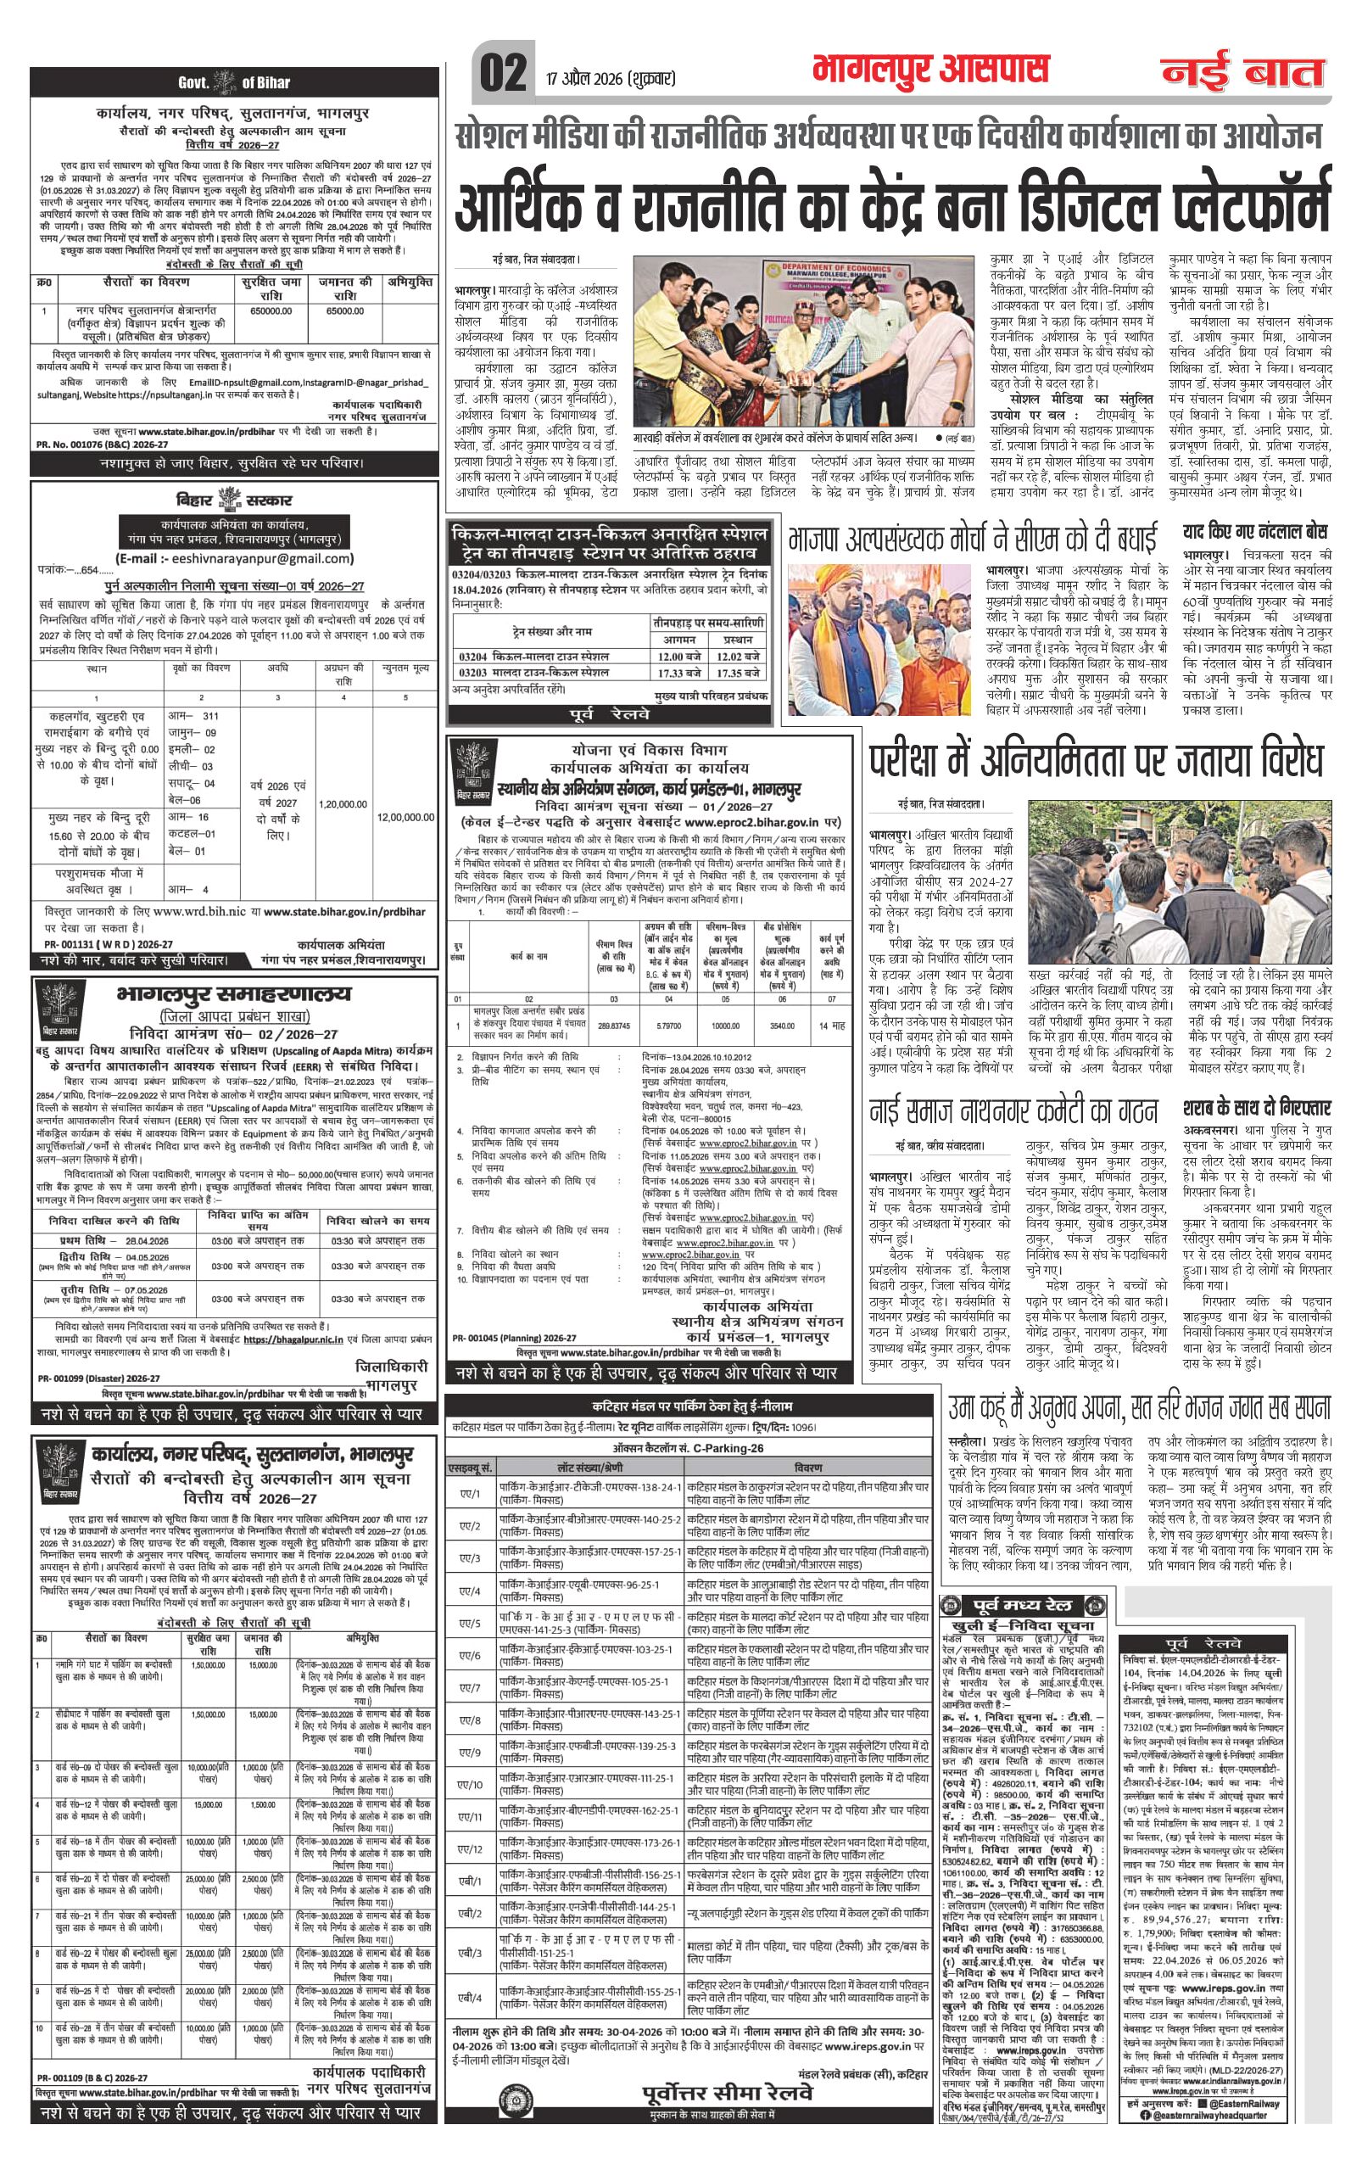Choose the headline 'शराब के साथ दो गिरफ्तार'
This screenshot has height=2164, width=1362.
[x=1257, y=1108]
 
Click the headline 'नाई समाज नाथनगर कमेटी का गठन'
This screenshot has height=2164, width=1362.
[x=1013, y=1110]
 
